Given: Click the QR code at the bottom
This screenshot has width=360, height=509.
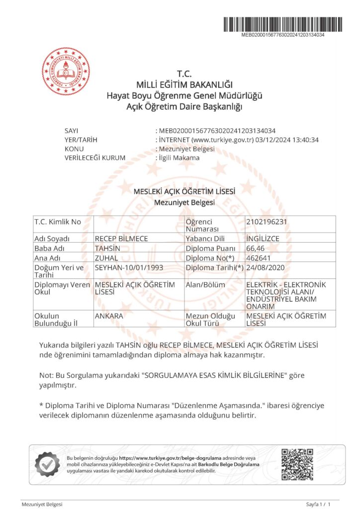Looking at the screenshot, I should pyautogui.click(x=297, y=464).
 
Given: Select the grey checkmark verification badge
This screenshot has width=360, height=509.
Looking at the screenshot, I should pyautogui.click(x=47, y=464).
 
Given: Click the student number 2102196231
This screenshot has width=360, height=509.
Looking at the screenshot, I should pyautogui.click(x=267, y=222).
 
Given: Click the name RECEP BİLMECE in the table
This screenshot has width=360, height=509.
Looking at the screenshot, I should pyautogui.click(x=121, y=239).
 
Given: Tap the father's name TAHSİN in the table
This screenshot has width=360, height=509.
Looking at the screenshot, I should pyautogui.click(x=106, y=248).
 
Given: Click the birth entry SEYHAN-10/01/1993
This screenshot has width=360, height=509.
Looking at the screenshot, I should pyautogui.click(x=129, y=267).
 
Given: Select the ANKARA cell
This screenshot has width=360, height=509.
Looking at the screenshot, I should pyautogui.click(x=109, y=316).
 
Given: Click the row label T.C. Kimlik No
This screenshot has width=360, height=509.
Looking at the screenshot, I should pyautogui.click(x=57, y=222).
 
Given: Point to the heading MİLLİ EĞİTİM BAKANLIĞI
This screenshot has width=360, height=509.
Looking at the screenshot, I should pyautogui.click(x=184, y=85).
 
